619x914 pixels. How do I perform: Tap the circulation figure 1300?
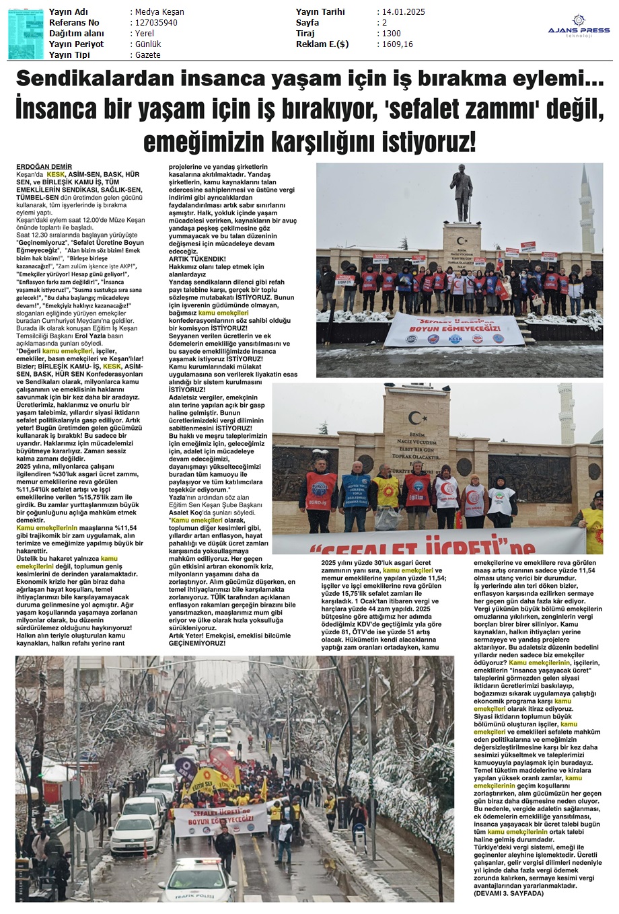coord(391,34)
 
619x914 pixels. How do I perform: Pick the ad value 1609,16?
coord(397,44)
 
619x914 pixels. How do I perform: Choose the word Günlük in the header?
coord(148,44)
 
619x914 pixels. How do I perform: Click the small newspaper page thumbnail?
coord(26,32)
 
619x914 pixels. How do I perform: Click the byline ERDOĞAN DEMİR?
coord(44,166)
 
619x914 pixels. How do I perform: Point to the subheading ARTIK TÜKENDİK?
coord(197,259)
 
